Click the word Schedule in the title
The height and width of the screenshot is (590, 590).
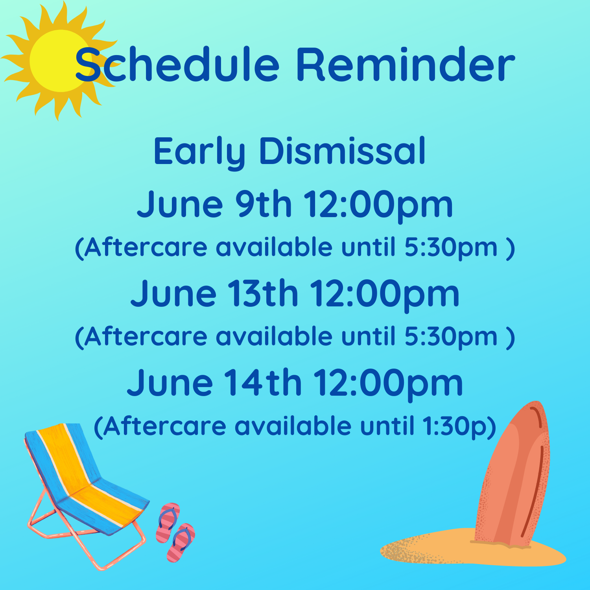[177, 64]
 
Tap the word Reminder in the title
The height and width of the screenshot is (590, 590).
[406, 64]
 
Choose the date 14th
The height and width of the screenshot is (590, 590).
[263, 382]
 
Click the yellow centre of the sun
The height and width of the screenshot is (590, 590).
[59, 61]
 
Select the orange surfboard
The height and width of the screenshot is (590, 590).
[513, 474]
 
